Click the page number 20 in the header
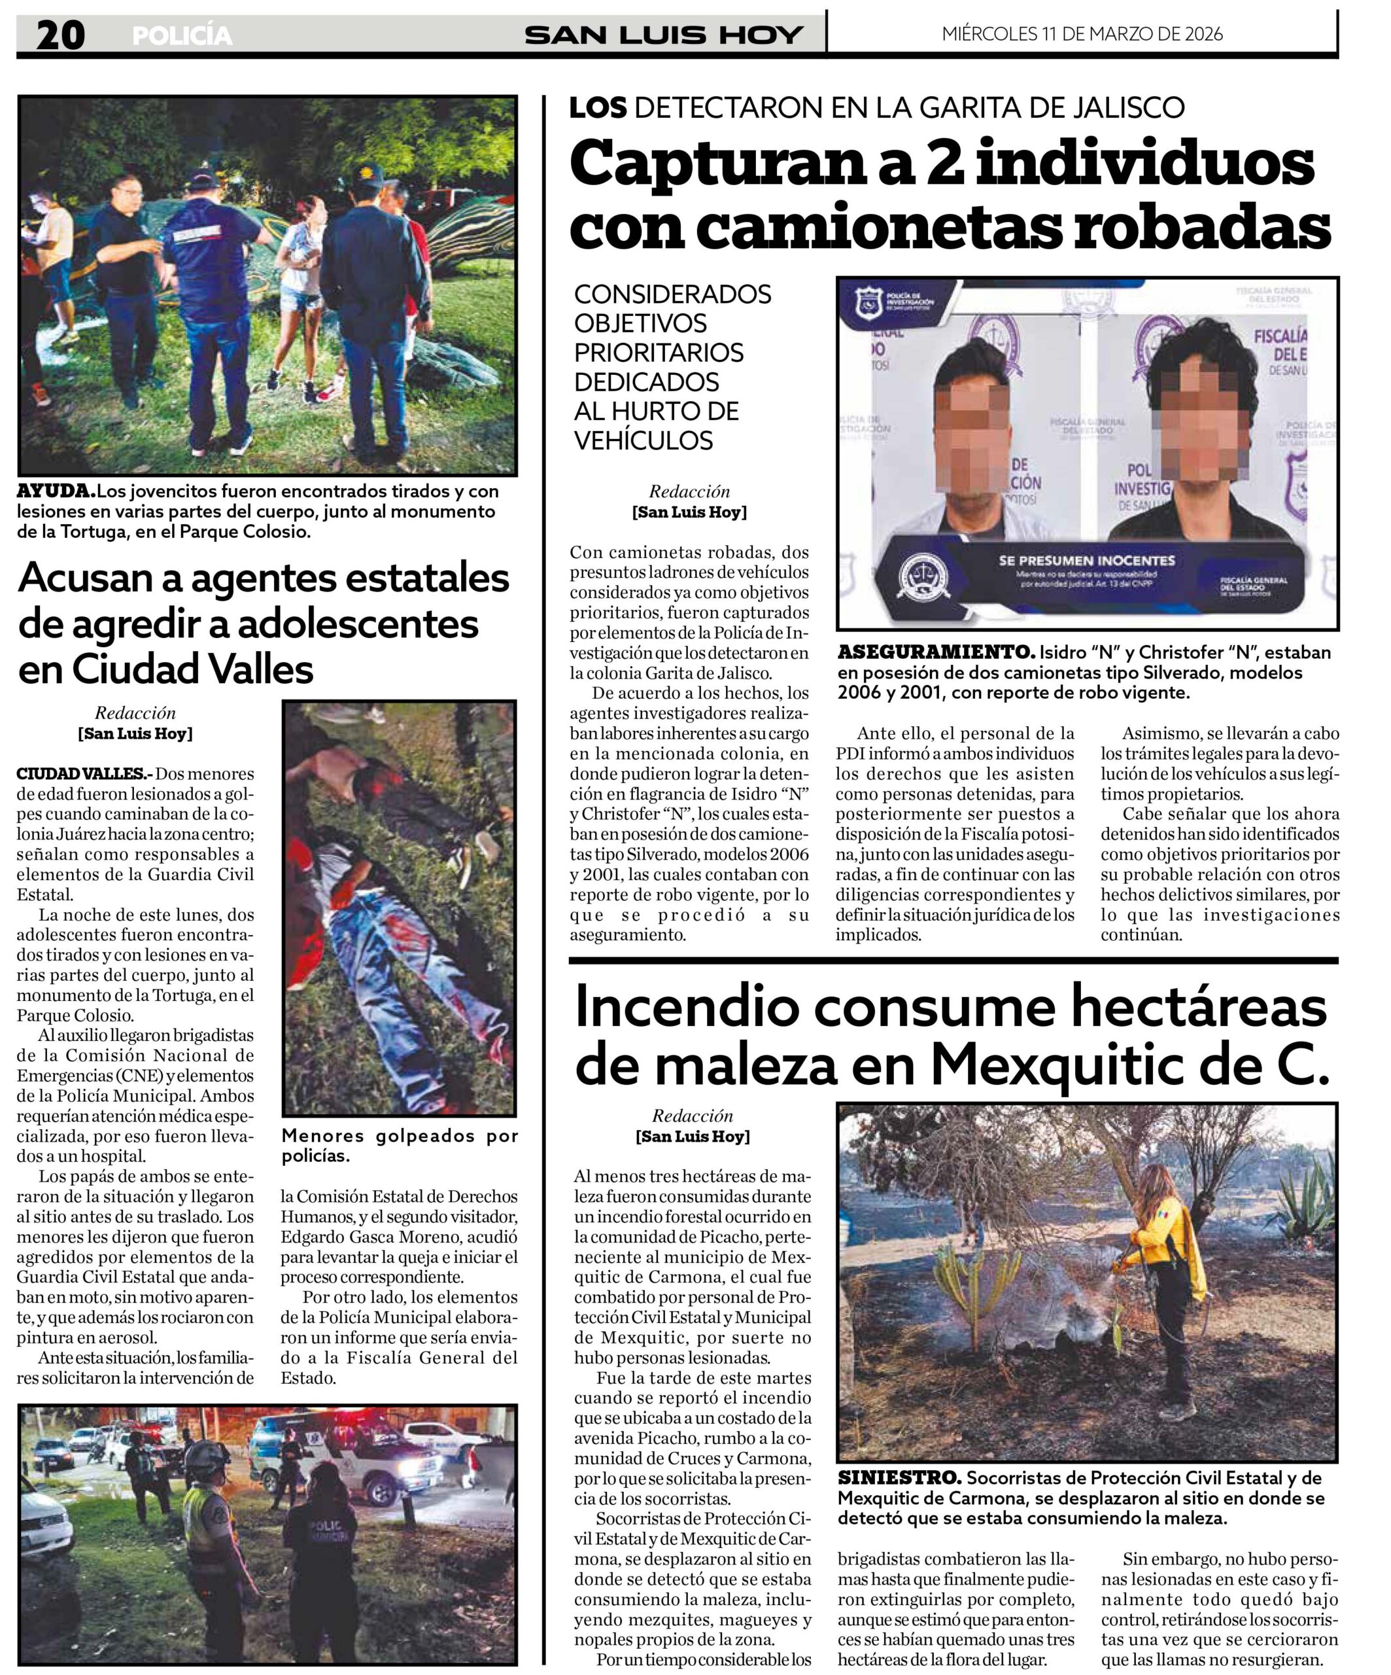[x=60, y=35]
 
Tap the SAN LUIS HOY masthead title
[x=663, y=35]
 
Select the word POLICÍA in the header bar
[x=182, y=36]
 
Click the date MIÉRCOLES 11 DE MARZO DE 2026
[x=1082, y=33]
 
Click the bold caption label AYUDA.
[x=56, y=491]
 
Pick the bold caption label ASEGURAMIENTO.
[x=936, y=652]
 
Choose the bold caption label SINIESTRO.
[x=899, y=1478]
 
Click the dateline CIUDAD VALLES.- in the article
[x=84, y=773]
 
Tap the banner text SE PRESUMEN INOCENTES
[x=1086, y=561]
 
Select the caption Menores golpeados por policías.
[x=398, y=1146]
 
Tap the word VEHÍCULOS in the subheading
[x=644, y=440]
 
